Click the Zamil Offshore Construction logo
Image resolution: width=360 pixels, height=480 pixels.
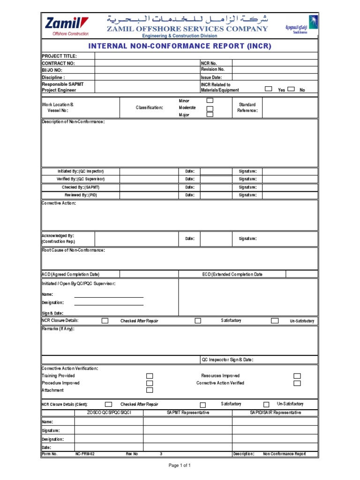coord(66,26)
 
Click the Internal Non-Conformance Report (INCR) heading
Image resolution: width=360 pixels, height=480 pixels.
coord(180,46)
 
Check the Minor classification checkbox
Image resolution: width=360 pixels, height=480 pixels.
coord(210,100)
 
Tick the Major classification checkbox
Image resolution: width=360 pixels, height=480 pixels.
coord(210,114)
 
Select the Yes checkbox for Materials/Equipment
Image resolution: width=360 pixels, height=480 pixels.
coord(268,89)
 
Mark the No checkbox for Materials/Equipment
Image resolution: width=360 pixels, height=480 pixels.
coord(291,89)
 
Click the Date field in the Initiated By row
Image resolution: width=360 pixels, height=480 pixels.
coord(216,172)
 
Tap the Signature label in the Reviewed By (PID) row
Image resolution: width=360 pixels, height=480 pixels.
coord(247,195)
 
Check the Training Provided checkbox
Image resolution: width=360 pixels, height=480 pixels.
coord(150,376)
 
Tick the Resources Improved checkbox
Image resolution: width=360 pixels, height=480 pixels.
coord(297,376)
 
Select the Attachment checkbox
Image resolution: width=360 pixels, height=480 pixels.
coord(150,390)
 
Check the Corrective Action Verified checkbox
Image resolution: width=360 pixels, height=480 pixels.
coord(297,383)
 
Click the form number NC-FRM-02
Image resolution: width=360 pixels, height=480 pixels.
coord(85,454)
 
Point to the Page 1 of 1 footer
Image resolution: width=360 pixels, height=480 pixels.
coord(180,465)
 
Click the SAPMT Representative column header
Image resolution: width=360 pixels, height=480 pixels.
coord(187,412)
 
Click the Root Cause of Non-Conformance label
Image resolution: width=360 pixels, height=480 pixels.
coord(73,250)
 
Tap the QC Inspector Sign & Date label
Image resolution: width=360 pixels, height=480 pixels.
coord(227,360)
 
